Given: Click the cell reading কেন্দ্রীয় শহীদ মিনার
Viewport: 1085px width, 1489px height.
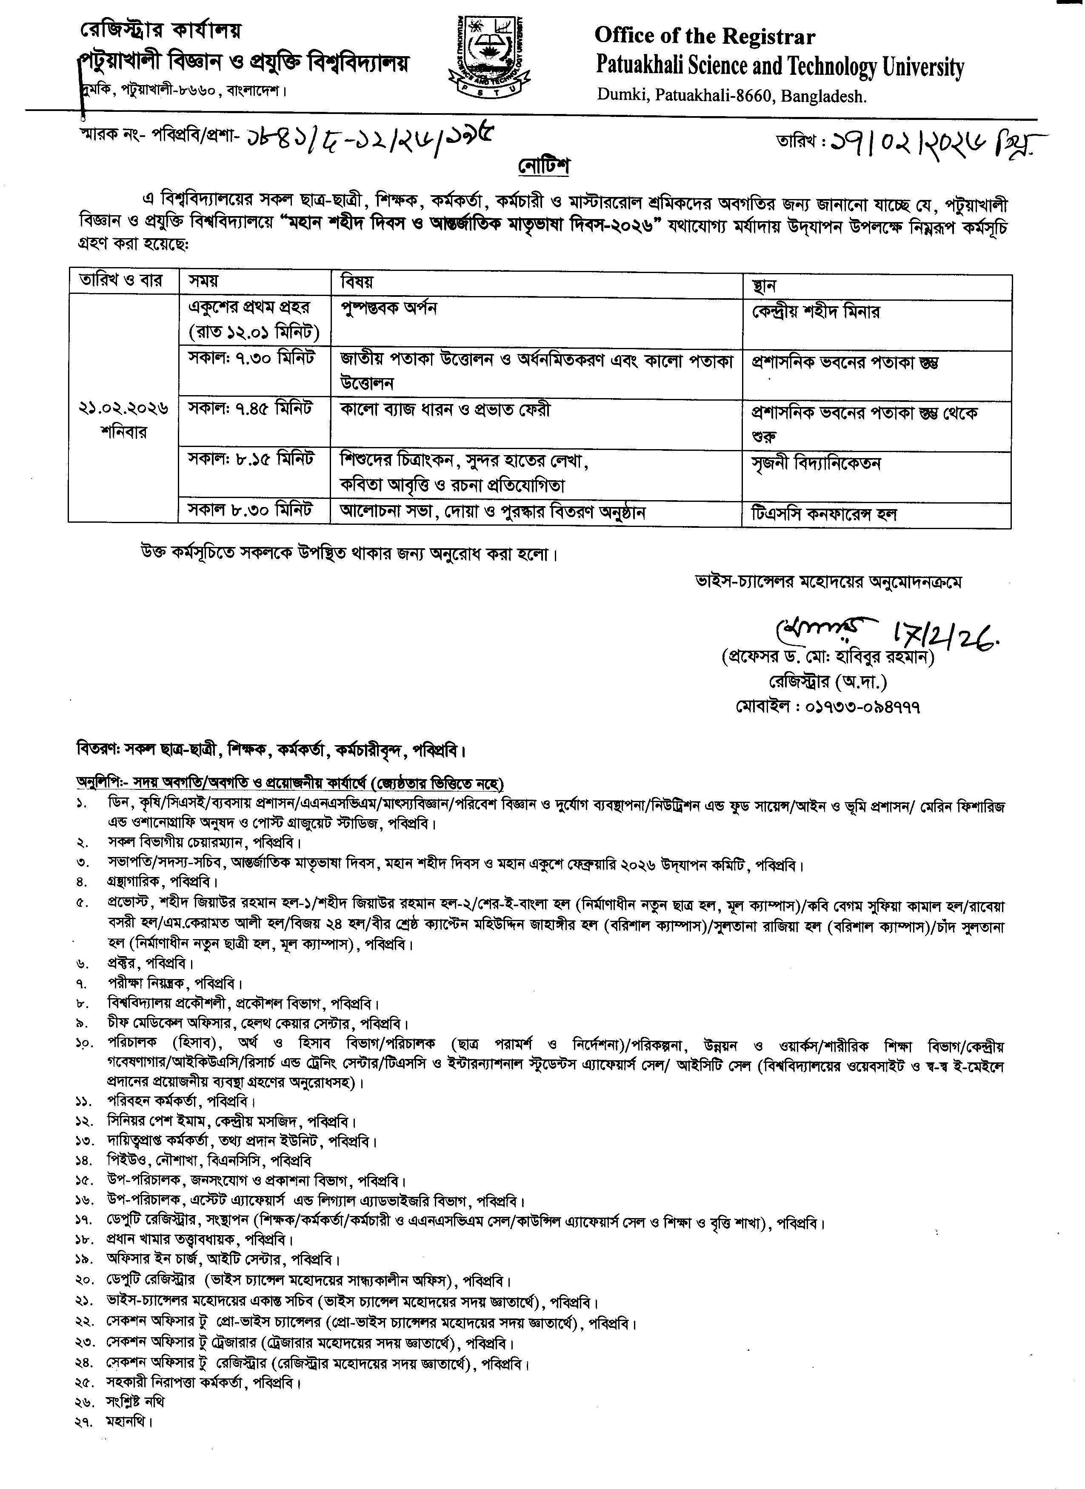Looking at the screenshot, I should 816,311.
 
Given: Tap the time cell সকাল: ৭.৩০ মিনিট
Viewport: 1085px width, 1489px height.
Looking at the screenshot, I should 251,359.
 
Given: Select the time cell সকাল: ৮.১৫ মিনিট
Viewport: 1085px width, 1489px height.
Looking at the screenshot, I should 251,458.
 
